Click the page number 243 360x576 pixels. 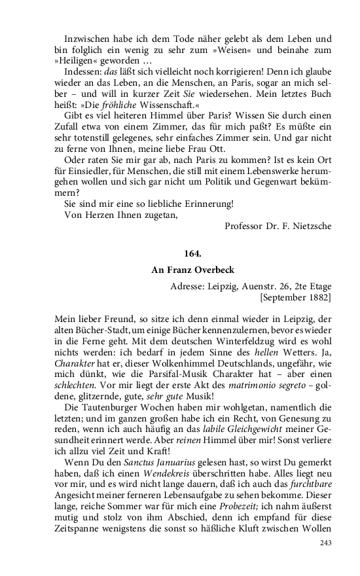point(325,543)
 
